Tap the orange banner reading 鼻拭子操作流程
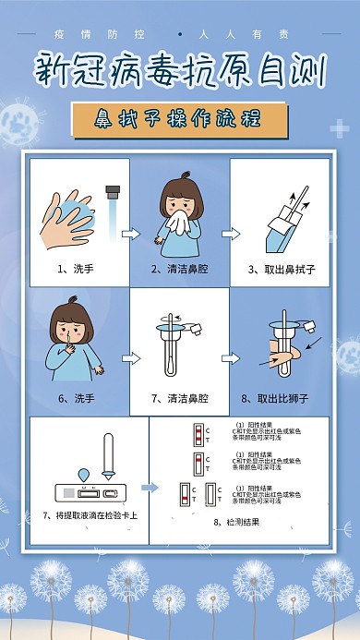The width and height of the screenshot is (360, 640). (179, 118)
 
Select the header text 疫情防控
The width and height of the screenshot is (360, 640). (114, 35)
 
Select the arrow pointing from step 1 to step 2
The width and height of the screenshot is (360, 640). (129, 234)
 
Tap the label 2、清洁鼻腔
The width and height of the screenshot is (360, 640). (179, 270)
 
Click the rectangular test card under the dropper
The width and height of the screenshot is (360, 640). (88, 489)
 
